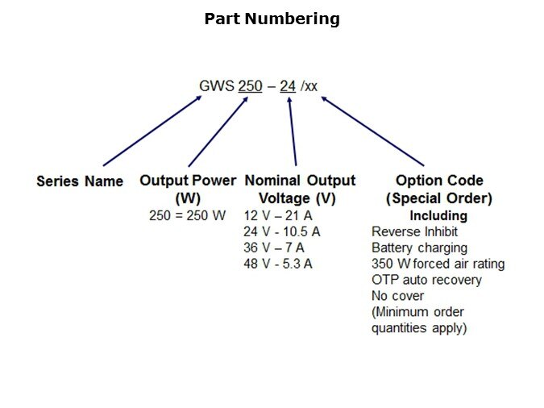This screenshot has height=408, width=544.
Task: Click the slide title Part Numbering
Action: coord(272,19)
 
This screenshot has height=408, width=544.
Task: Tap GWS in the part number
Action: coord(216,86)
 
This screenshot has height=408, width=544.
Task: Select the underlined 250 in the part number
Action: coord(251,86)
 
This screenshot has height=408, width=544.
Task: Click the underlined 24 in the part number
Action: coord(288,86)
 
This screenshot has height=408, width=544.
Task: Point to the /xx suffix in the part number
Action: coord(309,86)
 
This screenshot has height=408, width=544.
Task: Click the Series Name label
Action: coord(80,181)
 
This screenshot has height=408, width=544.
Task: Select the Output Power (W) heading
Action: coord(188,189)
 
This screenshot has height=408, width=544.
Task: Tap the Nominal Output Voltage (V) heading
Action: coord(299,189)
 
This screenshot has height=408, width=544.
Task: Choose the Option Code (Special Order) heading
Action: coord(439,189)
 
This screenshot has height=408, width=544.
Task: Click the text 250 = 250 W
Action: coord(188,215)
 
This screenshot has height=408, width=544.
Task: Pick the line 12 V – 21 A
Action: coord(278,216)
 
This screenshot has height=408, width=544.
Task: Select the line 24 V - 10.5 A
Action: coord(282,231)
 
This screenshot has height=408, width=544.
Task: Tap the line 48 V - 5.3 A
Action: coord(278,264)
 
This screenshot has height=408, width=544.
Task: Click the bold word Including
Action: coord(438,215)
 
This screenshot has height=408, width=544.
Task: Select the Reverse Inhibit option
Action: coord(414,231)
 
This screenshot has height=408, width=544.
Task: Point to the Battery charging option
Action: coord(419,248)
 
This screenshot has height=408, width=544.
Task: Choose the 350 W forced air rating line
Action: coord(438,264)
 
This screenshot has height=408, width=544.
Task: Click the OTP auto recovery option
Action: coord(426,280)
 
